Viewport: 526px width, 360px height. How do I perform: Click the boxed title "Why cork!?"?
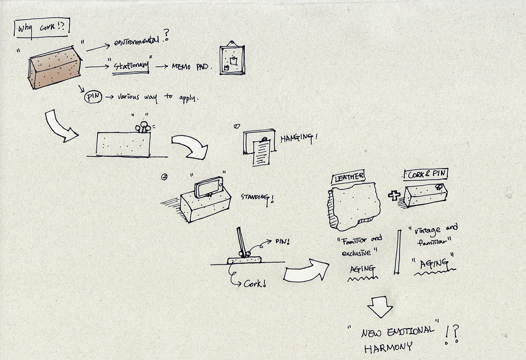point(42,30)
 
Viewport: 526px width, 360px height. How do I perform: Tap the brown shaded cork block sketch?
point(55,68)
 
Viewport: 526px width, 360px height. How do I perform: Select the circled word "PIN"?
point(92,97)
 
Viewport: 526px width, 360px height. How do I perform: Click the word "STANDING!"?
point(257,198)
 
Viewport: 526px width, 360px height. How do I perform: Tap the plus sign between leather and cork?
point(394,195)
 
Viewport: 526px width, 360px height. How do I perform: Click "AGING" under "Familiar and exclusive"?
point(361,268)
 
